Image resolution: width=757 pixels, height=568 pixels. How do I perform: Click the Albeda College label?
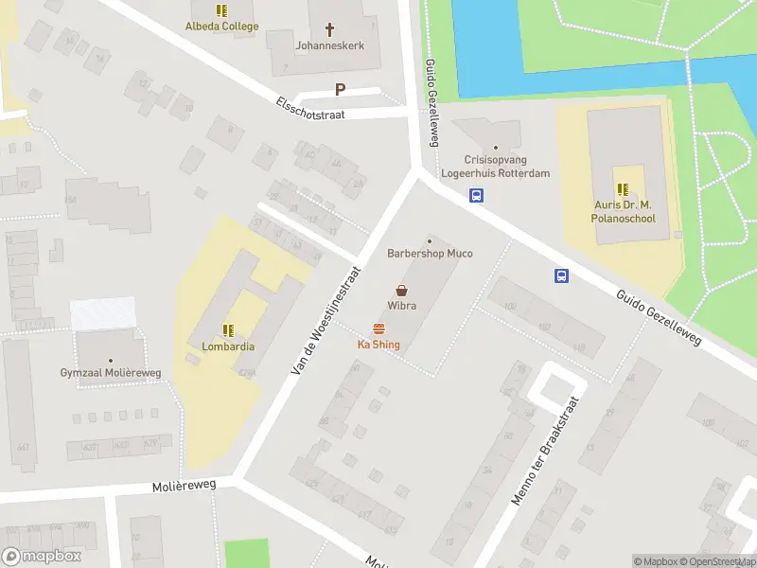(221, 27)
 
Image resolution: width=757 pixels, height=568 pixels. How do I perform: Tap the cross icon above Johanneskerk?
(330, 29)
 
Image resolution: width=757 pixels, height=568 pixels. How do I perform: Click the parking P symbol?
(340, 90)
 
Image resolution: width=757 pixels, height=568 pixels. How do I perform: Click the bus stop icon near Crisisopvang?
(478, 196)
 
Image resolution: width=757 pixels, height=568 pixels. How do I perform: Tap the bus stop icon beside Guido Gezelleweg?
(561, 275)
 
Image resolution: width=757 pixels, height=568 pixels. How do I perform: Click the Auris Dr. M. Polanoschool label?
(624, 211)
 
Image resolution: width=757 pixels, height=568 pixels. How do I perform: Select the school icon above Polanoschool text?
(624, 189)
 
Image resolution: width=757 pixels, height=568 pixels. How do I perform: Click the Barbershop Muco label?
(430, 254)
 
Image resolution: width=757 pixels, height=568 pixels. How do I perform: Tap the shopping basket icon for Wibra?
(402, 291)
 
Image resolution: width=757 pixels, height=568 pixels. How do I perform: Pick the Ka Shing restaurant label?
(378, 345)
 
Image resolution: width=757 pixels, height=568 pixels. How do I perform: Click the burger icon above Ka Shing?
(378, 328)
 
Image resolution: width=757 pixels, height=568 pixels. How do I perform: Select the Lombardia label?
(228, 346)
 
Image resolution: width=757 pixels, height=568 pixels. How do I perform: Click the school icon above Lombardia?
(228, 330)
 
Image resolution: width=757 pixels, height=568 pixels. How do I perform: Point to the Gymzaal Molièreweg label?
(112, 373)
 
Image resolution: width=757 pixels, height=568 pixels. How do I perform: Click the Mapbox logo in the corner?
(43, 557)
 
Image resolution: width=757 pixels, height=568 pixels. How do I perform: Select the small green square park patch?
(246, 553)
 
